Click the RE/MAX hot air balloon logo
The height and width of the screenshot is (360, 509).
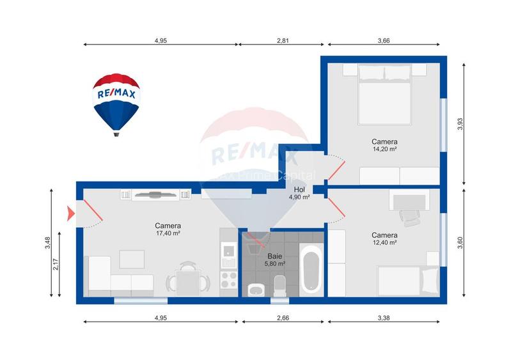pos(116,102)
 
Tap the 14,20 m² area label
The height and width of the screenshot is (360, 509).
pos(384,149)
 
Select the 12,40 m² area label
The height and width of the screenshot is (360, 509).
pos(384,242)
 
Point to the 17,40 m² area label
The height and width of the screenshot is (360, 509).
pos(168,233)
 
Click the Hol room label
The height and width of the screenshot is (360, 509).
pos(299,190)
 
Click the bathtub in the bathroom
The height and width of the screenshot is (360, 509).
pos(311,272)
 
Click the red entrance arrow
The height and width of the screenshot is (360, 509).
pos(70,213)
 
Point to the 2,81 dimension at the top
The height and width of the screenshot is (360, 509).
pos(283,41)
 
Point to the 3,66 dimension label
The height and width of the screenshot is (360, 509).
pos(384,41)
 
